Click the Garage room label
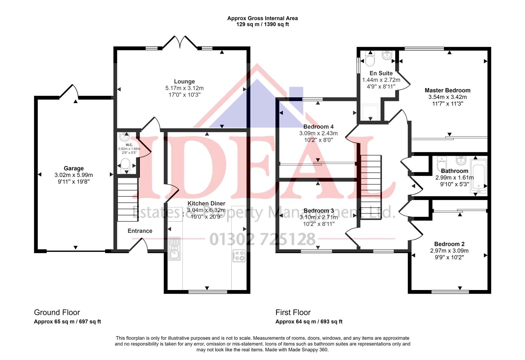pos(74,168)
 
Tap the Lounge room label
pos(184,81)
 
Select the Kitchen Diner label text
pos(206,203)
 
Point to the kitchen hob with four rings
pos(239,255)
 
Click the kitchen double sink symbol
pos(174,248)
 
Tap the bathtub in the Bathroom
pos(478,176)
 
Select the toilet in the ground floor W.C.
pos(125,165)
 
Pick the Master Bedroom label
pos(447,90)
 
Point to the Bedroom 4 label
pos(318,127)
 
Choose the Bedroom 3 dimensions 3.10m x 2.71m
pos(319,217)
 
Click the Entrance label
pos(140,231)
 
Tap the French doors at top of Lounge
pos(180,43)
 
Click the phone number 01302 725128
pos(262,239)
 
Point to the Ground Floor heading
pos(57,312)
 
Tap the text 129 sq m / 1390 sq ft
pos(262,24)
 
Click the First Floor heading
pos(293,312)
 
